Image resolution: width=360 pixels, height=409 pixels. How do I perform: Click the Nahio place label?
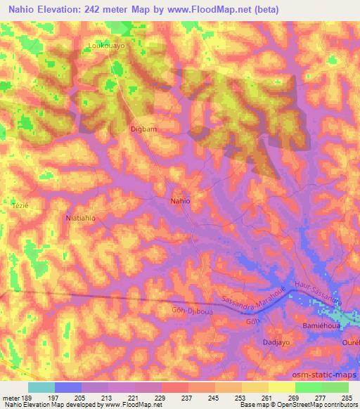coord(181,201)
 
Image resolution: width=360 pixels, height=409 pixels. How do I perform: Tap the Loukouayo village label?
coord(106,46)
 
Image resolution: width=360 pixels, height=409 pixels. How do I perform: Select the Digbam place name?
coord(143,129)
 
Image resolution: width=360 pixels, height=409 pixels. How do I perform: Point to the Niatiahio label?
coord(80,218)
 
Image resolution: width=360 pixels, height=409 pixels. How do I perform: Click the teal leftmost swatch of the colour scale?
coord(41,387)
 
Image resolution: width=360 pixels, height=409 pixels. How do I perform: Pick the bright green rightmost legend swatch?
coord(335,387)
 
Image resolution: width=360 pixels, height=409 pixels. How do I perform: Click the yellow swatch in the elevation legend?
coord(282,387)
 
